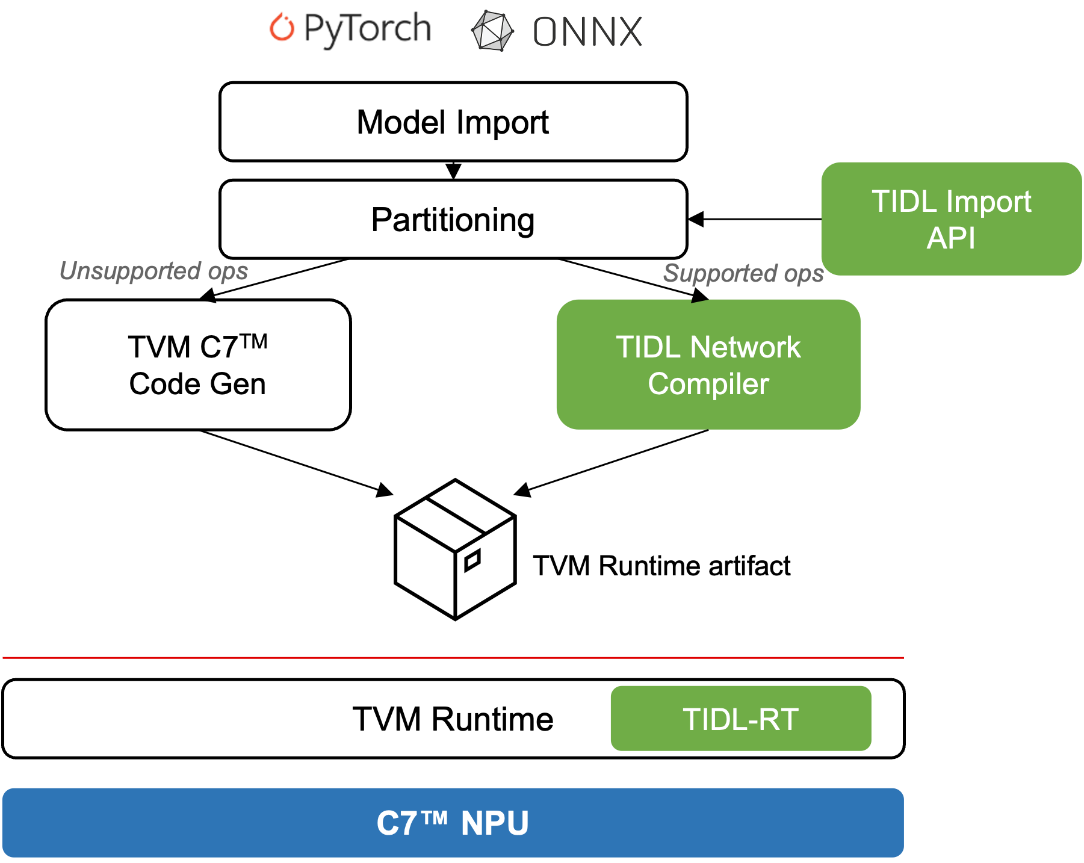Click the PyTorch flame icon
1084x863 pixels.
(x=282, y=28)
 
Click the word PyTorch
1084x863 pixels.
(x=367, y=29)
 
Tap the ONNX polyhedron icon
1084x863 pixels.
(x=492, y=31)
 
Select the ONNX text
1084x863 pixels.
(x=587, y=31)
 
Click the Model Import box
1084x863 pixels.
(x=453, y=122)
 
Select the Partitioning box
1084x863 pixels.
(x=453, y=219)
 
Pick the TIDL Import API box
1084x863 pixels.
(x=951, y=218)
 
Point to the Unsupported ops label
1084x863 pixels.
(x=153, y=271)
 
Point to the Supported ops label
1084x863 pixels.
(x=743, y=273)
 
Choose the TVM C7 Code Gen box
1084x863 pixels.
(x=198, y=365)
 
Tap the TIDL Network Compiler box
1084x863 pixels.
(x=708, y=365)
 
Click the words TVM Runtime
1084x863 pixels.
(x=453, y=719)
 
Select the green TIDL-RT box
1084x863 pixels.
(x=740, y=719)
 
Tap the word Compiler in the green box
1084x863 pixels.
(x=708, y=384)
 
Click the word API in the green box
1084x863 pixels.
(x=950, y=238)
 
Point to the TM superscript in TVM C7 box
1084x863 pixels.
(x=254, y=341)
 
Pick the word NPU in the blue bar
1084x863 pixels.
(x=495, y=823)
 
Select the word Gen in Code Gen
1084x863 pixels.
(x=238, y=384)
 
